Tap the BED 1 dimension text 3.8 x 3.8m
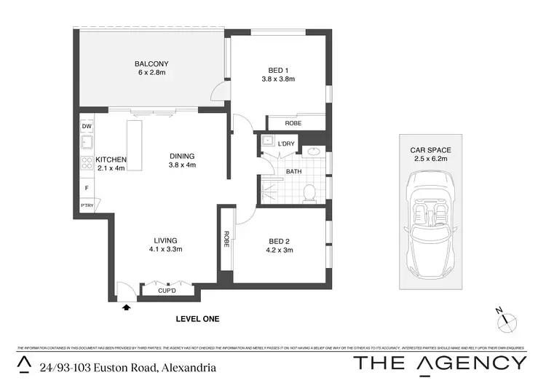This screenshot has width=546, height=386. [277, 79]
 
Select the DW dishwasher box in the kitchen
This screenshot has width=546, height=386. [87, 127]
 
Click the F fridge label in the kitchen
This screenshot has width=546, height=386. [87, 189]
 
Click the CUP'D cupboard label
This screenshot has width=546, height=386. [167, 291]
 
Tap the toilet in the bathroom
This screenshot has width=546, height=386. [309, 192]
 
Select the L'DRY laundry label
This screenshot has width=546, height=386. [286, 143]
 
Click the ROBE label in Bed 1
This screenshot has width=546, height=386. [293, 123]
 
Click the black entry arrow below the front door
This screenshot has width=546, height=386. [128, 308]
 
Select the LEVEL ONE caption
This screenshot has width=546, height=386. [197, 319]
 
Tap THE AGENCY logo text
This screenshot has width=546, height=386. [439, 363]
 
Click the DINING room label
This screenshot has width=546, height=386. [183, 155]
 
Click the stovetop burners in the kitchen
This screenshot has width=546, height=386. [87, 164]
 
